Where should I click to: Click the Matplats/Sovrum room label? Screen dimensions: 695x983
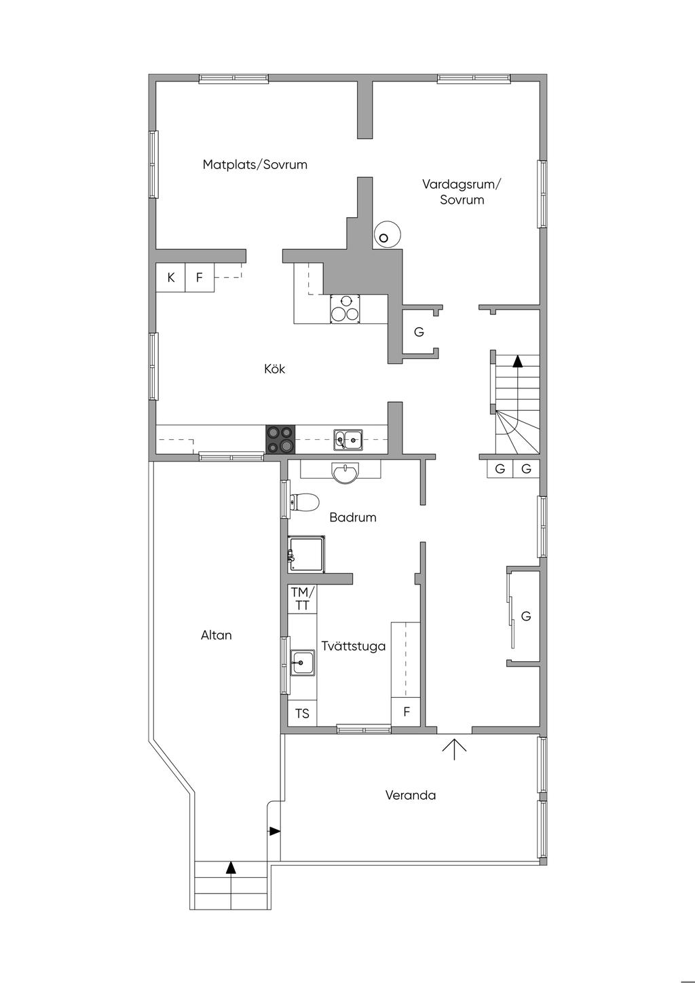coord(255,164)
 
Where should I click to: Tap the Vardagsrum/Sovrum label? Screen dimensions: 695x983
coord(461,191)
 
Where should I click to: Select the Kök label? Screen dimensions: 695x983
coord(274,369)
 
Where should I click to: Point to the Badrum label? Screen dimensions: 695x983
coord(353,517)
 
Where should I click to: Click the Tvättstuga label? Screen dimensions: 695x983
coord(353,646)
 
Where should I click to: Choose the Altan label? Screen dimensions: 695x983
coord(216,635)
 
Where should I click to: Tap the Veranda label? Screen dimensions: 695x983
coord(410,795)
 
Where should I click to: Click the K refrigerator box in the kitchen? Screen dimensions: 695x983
coord(170,278)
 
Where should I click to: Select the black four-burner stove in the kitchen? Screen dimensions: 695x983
coord(280,439)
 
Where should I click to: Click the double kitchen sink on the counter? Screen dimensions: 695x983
coord(348,440)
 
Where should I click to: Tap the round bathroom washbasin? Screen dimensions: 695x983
coord(345,473)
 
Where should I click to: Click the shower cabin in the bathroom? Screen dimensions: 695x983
coord(306,554)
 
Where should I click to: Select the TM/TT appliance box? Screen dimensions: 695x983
coord(302,599)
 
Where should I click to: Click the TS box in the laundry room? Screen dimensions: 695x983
coord(302,713)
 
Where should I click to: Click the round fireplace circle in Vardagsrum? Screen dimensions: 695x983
coord(387,234)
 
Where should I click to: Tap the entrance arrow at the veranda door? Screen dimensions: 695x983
coord(454,749)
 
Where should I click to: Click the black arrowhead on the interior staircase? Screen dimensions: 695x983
coord(518,361)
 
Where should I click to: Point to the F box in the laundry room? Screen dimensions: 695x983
coord(406,711)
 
